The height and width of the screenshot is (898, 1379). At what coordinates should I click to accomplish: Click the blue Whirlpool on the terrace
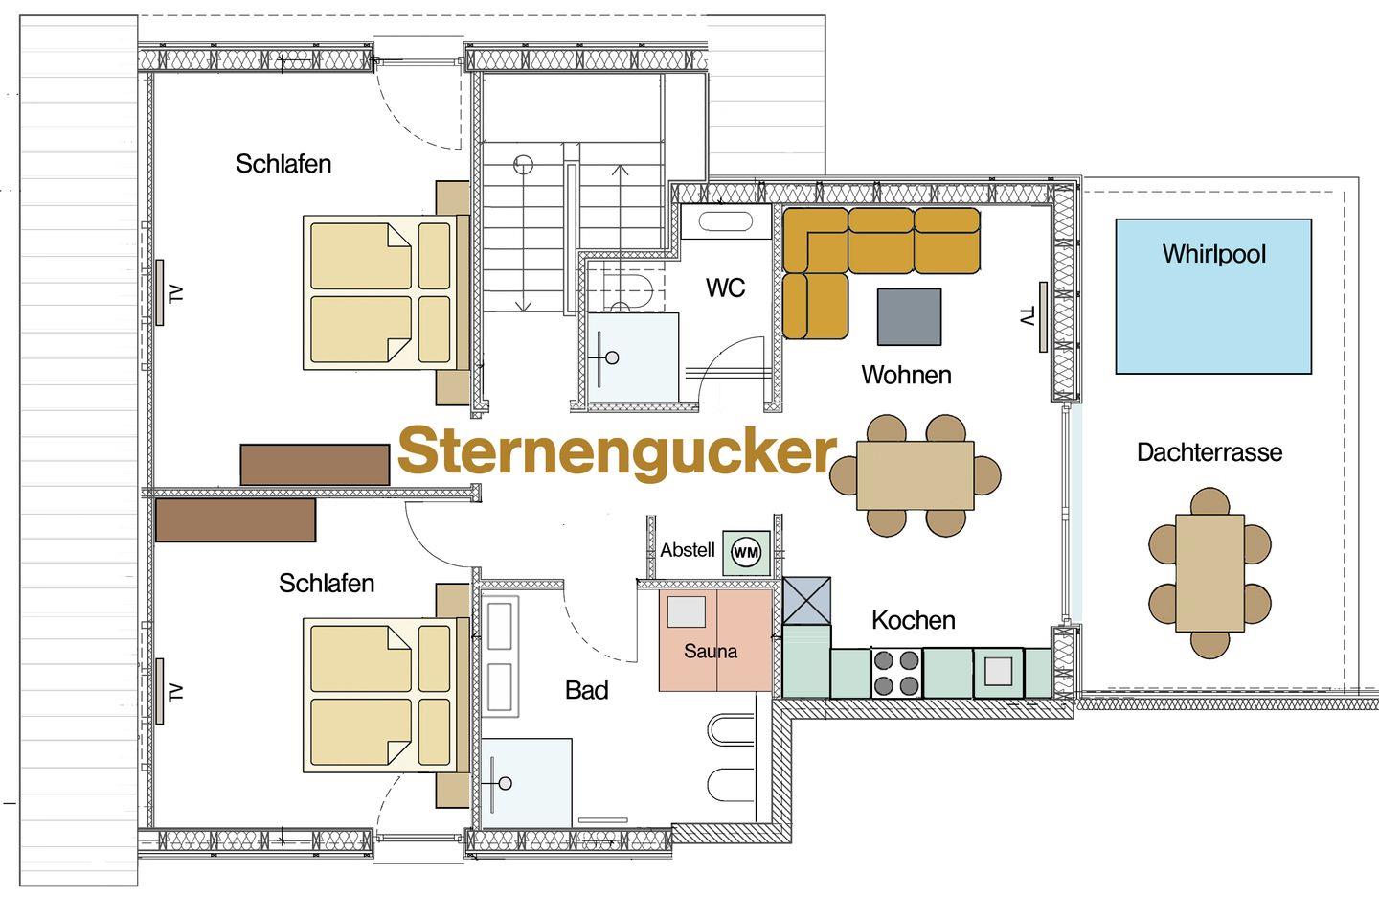coord(1213,296)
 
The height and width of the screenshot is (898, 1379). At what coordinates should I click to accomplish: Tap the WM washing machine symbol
coord(746,552)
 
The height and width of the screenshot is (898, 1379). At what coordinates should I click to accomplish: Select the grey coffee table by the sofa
coord(910,316)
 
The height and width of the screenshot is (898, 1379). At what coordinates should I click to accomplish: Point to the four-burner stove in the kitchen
coord(896,673)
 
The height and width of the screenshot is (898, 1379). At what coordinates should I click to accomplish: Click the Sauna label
coord(711,651)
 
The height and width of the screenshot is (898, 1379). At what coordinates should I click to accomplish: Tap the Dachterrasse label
coord(1209,452)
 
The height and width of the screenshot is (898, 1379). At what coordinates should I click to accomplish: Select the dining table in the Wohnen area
coord(916,475)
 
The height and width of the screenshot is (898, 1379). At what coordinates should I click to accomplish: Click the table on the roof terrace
coord(1210,573)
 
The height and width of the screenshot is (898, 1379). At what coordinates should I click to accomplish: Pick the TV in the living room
coord(1043,317)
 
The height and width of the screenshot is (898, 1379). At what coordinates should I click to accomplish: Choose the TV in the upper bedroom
coord(159,292)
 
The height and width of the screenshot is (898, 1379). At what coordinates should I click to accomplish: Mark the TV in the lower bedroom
coord(159,691)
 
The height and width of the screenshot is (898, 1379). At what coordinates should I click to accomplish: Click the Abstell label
coord(688,550)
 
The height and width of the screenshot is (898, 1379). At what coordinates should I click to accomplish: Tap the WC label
coord(725,288)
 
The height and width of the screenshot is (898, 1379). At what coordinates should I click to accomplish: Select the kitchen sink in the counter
coord(999,672)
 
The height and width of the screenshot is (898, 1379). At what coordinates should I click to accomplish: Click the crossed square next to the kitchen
coord(806,601)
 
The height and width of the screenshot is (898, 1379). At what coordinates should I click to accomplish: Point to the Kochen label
coord(914,620)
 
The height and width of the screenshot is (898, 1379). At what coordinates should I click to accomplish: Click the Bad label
coord(587,690)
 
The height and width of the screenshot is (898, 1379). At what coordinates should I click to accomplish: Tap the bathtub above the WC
coord(726,221)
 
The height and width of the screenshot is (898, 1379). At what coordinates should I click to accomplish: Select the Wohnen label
coord(906,375)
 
